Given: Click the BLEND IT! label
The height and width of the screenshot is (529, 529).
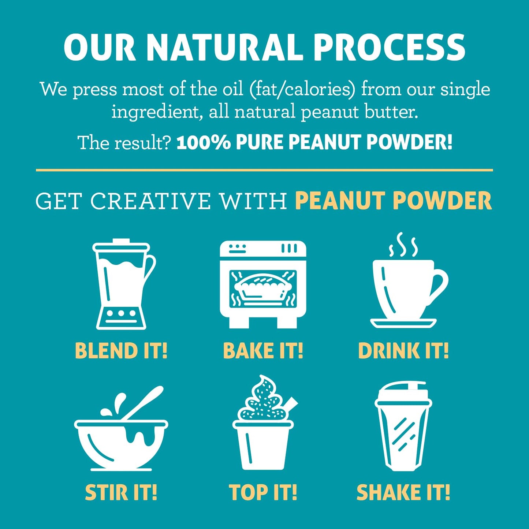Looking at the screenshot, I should (x=121, y=351).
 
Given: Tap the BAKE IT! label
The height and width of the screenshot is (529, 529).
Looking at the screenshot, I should (x=263, y=351).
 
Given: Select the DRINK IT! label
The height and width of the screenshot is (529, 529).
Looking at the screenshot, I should (x=403, y=351).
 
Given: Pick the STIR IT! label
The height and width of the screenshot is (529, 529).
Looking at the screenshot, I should (x=121, y=492).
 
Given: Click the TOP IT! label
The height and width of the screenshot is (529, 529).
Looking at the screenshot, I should (x=263, y=492).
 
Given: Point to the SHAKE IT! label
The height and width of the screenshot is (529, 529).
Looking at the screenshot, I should (x=403, y=492).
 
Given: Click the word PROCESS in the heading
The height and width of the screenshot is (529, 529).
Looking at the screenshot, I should (x=389, y=48).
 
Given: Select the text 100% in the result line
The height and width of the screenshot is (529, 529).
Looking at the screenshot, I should (x=203, y=142).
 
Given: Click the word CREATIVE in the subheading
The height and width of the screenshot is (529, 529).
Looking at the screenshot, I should (x=150, y=201).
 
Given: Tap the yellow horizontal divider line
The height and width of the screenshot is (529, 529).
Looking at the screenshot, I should (x=264, y=170).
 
